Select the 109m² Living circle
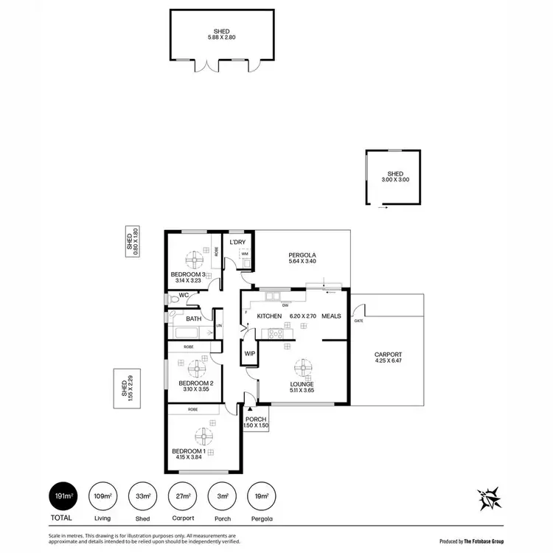(x=101, y=495)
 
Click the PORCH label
(x=255, y=420)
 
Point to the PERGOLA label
(x=302, y=255)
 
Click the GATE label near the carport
(x=359, y=321)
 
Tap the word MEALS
(x=331, y=316)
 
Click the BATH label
(x=193, y=319)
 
